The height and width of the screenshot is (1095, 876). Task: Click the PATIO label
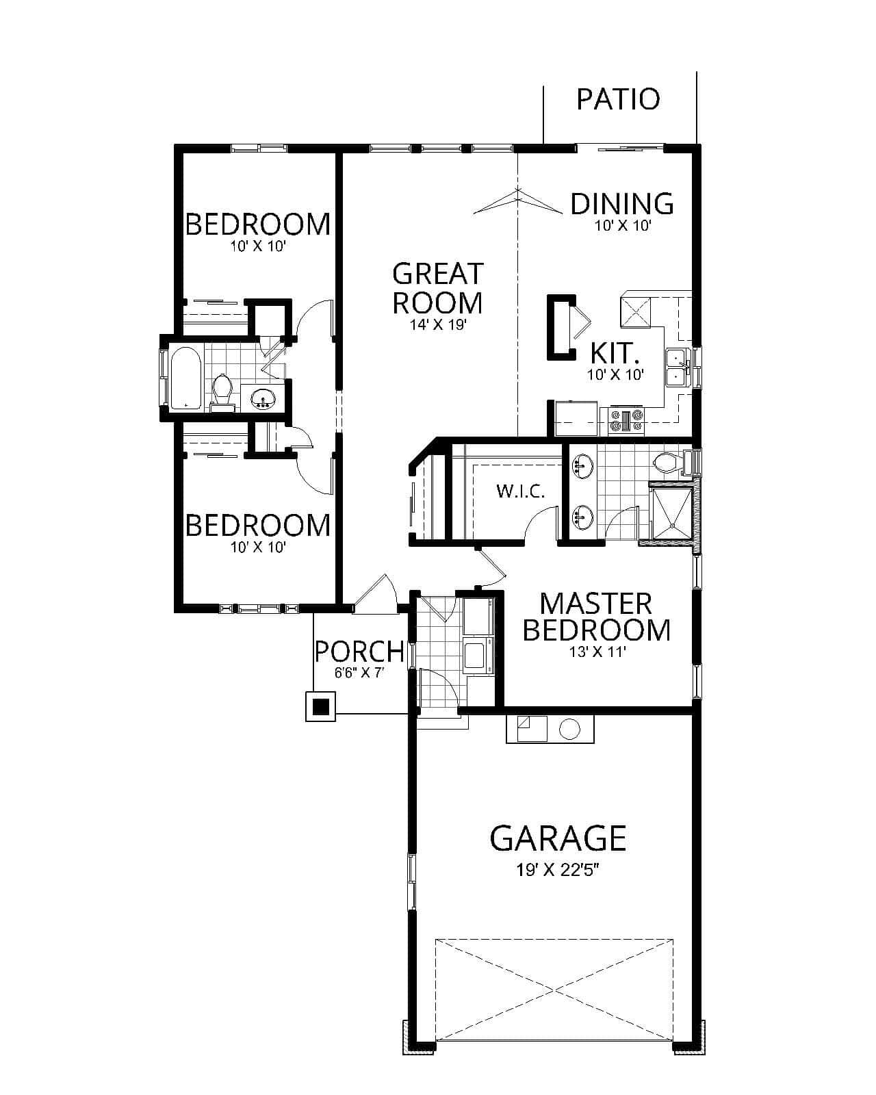(x=617, y=99)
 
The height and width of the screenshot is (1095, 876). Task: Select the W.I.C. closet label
(x=520, y=491)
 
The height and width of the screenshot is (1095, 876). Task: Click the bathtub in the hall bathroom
(x=185, y=378)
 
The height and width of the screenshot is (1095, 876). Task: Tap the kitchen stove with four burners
(x=627, y=420)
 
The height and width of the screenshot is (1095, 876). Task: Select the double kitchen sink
(x=676, y=368)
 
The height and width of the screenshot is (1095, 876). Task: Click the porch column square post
(x=320, y=706)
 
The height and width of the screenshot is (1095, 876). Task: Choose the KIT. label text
(x=615, y=353)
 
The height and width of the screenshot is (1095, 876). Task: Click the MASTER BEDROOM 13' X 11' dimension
(x=597, y=652)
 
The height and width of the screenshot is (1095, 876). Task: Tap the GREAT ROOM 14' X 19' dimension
(x=438, y=324)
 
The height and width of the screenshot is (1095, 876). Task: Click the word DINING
(x=621, y=203)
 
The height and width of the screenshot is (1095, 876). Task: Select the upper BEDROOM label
(x=257, y=224)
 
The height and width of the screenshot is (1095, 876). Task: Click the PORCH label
(x=359, y=651)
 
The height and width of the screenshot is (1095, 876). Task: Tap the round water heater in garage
(x=569, y=729)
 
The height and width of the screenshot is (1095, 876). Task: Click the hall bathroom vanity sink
(x=262, y=398)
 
